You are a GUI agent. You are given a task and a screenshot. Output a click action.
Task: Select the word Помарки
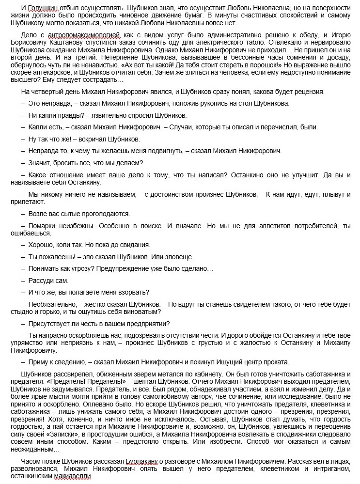pos(42,226)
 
